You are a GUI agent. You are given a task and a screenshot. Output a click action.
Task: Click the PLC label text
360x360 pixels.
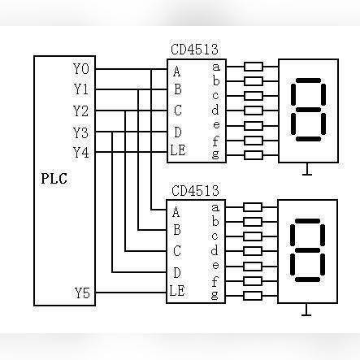point(54,179)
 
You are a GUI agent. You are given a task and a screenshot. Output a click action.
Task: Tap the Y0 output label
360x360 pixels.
point(81,69)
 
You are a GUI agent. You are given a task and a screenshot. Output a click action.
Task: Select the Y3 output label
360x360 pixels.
point(80,132)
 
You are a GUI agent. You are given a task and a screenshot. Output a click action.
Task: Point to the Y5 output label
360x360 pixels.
point(82,293)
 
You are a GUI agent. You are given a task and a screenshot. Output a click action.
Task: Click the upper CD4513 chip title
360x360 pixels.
point(194,50)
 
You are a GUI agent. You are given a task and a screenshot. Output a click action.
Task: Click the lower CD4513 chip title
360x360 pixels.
point(195,191)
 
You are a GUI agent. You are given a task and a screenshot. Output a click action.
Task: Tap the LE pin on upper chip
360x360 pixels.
point(178,150)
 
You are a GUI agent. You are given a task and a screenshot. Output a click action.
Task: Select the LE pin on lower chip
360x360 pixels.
point(177,291)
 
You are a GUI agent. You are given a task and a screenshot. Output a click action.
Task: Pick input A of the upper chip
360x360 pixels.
point(176,72)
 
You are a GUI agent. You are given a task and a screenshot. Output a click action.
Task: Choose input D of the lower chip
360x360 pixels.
point(177,272)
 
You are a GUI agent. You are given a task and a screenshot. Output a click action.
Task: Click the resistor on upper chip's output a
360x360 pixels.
point(254,67)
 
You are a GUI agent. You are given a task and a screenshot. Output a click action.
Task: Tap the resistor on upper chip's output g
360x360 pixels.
point(254,155)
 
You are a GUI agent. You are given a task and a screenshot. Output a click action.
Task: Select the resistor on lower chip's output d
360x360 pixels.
point(253,251)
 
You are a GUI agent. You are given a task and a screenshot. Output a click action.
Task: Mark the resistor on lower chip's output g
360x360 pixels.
point(253,296)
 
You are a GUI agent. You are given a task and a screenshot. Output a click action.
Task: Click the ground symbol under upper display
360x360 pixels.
point(307,170)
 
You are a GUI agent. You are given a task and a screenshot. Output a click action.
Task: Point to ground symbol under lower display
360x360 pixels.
point(306,310)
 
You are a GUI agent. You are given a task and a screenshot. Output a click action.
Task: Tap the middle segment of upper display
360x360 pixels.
point(309,110)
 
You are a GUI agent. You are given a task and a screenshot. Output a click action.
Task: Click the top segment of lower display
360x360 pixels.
point(307,221)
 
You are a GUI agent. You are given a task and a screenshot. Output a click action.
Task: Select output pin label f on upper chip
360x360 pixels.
point(215,141)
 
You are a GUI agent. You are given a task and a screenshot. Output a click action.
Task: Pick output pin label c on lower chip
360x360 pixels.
point(215,236)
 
